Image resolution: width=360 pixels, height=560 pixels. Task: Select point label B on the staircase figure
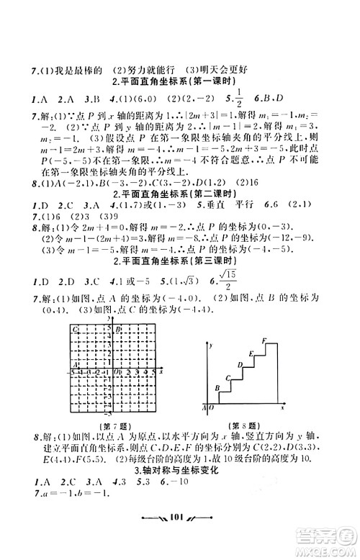[217, 389]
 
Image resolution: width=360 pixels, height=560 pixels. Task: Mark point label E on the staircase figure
[251, 353]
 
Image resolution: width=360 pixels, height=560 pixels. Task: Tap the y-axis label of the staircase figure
[211, 347]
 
